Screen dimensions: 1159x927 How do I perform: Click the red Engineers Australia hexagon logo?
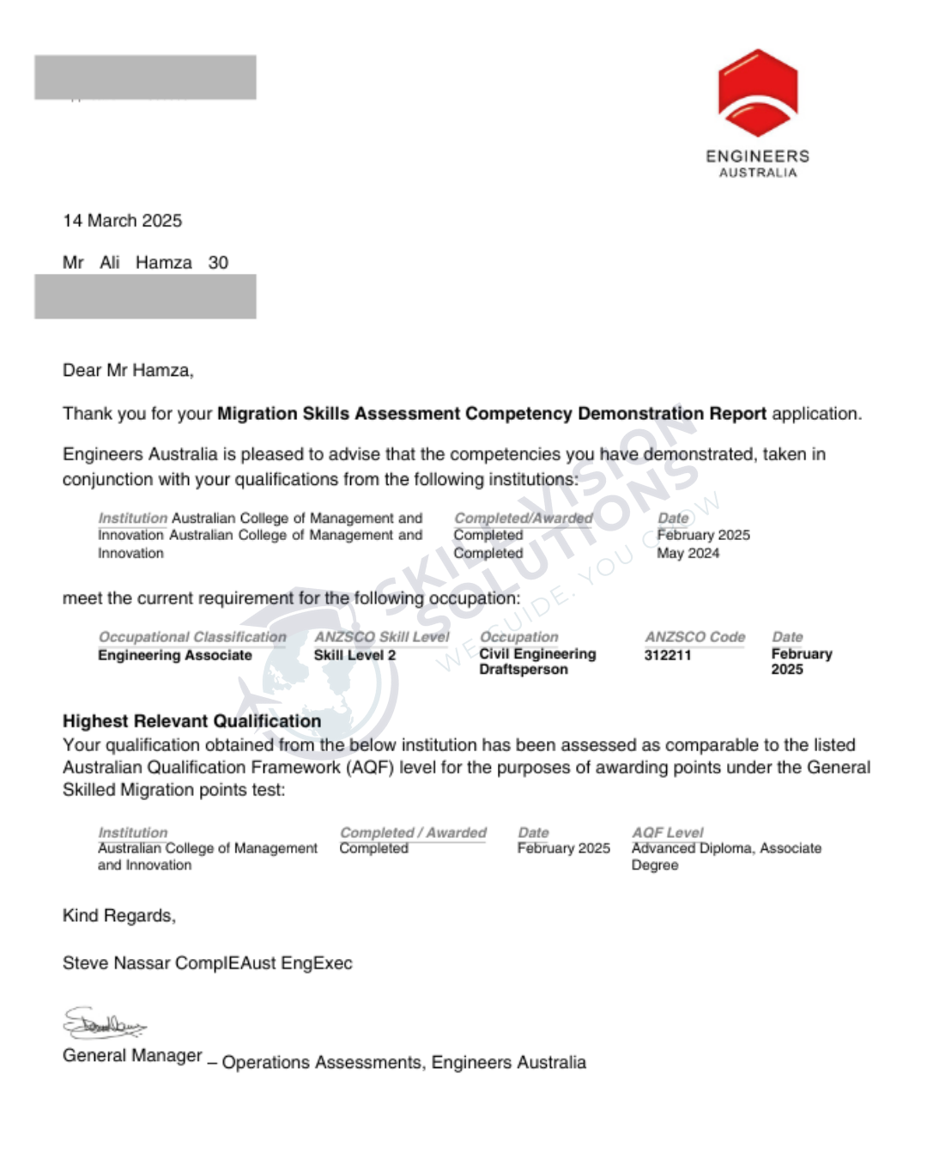(758, 93)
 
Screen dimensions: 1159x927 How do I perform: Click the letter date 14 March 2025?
(122, 221)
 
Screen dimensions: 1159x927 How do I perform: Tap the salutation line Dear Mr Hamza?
(128, 371)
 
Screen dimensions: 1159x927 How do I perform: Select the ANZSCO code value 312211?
(667, 655)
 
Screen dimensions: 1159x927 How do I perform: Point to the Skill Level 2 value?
(354, 655)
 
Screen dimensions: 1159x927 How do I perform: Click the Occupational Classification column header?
(192, 637)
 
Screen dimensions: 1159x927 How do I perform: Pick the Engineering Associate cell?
(175, 655)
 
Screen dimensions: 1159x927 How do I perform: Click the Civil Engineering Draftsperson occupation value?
(537, 661)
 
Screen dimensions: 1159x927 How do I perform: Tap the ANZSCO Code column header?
(694, 637)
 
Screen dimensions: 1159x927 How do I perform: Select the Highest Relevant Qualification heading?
(191, 721)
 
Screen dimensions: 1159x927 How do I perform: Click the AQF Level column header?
(667, 833)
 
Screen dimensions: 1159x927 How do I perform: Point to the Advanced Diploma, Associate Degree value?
(725, 856)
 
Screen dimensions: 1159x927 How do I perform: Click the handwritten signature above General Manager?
(104, 1023)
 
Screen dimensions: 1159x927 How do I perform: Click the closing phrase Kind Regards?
(118, 916)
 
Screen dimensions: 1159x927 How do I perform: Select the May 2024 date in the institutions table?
(688, 554)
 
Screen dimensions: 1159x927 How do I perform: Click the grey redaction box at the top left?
(145, 77)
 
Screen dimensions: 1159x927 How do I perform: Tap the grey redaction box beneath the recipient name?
(145, 296)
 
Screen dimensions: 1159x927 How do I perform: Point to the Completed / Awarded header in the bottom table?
(413, 833)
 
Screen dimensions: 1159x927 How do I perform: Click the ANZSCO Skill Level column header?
(381, 637)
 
